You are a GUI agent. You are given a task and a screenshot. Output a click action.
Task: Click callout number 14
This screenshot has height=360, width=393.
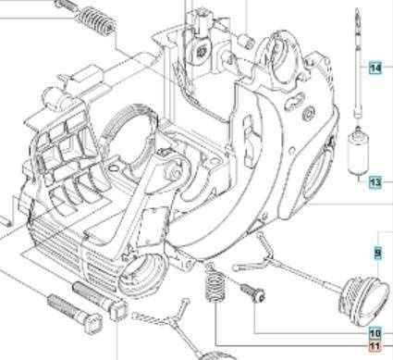coord(375,68)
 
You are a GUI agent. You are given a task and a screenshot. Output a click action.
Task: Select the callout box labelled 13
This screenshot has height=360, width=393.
coord(375,182)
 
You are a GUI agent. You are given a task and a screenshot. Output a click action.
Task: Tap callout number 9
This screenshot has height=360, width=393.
coord(377,252)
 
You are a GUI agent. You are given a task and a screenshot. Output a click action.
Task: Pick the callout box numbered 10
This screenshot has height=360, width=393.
coord(375,333)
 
